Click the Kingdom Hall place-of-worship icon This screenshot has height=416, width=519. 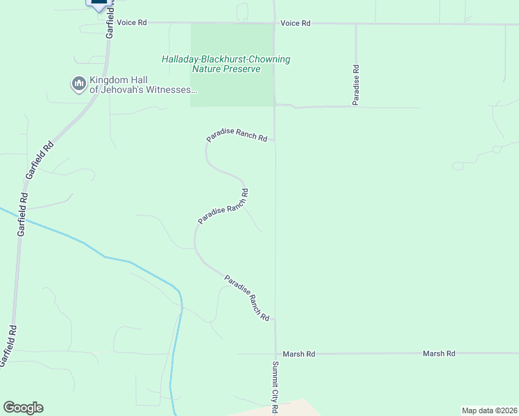[78, 84]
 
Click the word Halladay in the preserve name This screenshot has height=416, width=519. [182, 60]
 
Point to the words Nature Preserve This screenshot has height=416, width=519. [226, 69]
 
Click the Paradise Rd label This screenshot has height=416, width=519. [355, 85]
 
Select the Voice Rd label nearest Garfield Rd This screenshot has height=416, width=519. [132, 23]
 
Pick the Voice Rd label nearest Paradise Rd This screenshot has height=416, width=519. [296, 24]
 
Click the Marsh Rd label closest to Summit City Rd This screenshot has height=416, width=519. [300, 354]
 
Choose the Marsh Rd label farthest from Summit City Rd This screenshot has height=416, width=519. [440, 354]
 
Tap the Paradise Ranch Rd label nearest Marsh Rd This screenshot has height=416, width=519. [246, 297]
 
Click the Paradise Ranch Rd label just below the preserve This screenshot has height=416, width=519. [237, 136]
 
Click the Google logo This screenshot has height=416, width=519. [23, 408]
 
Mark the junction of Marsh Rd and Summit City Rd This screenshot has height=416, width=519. [275, 354]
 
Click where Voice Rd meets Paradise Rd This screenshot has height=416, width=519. [355, 24]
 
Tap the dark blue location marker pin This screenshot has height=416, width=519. [99, 3]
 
